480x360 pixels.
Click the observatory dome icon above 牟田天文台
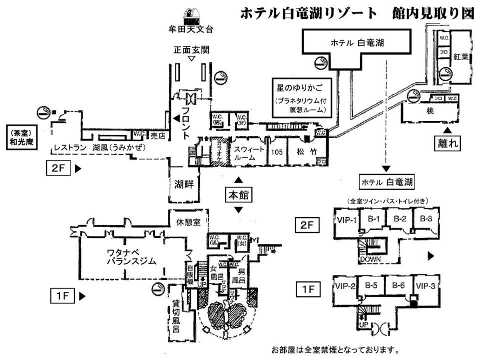pyautogui.click(x=190, y=14)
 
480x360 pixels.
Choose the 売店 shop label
pyautogui.click(x=157, y=134)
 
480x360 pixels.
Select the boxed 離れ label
pyautogui.click(x=447, y=143)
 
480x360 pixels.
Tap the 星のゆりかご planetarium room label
pyautogui.click(x=298, y=87)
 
